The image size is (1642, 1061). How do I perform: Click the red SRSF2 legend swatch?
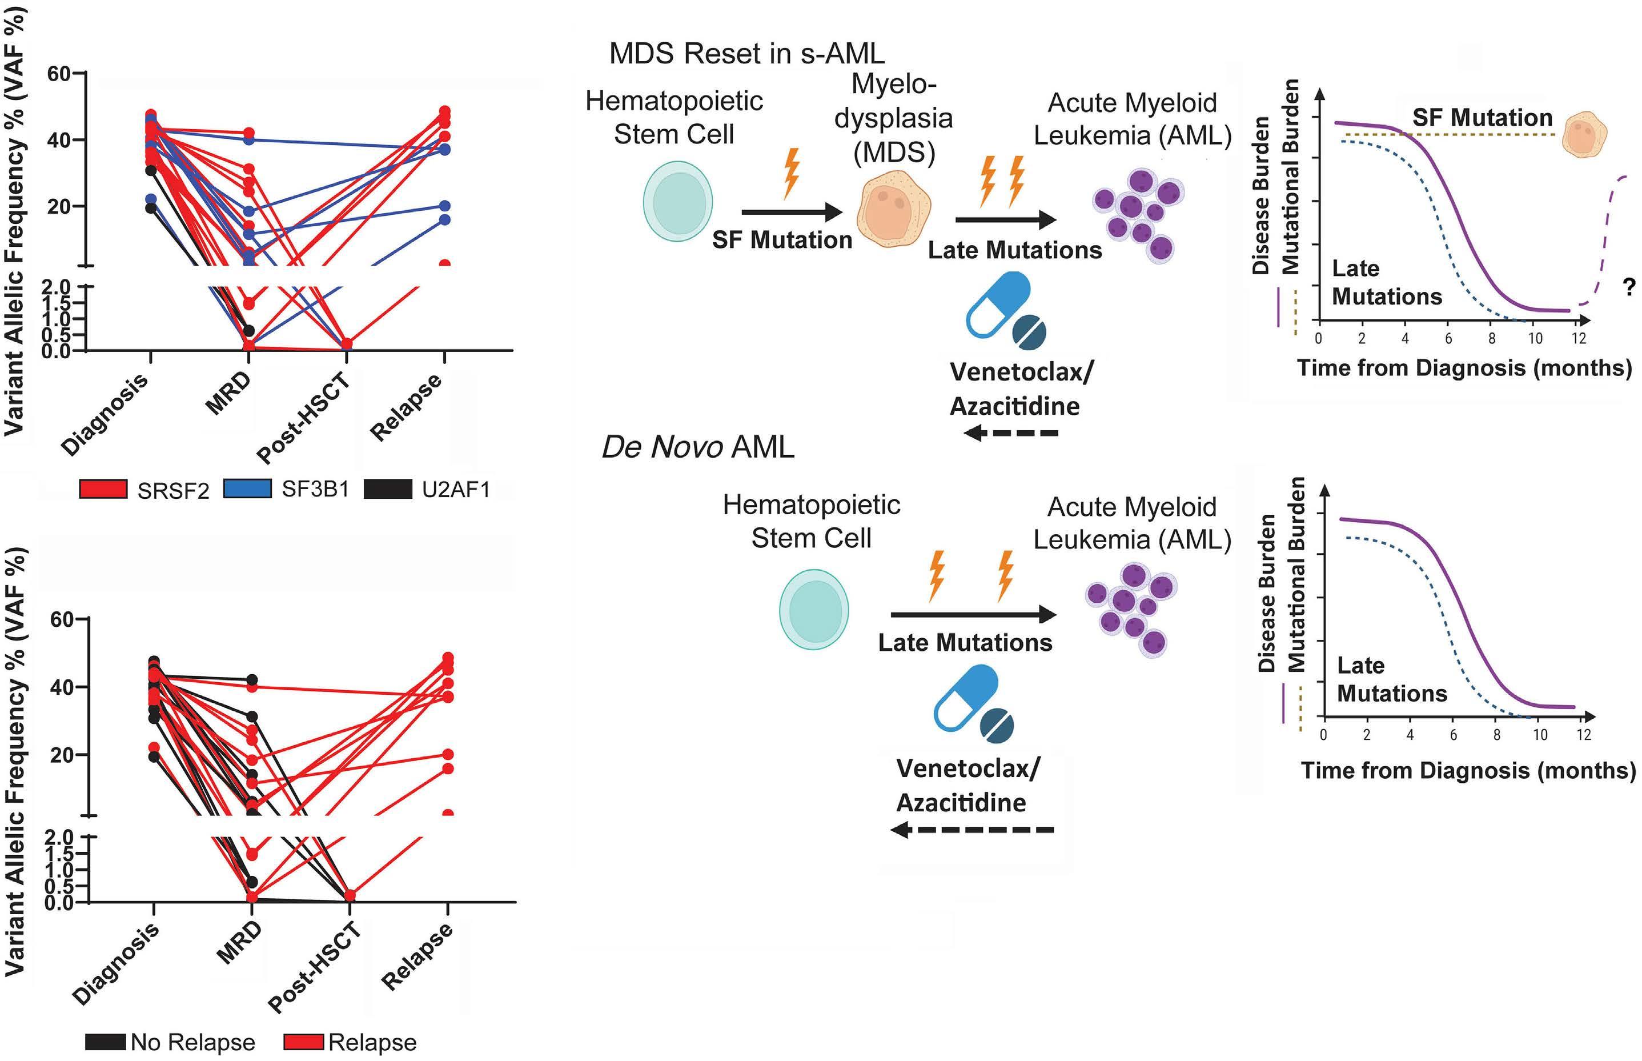(103, 489)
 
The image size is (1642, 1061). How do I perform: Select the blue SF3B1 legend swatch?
(247, 489)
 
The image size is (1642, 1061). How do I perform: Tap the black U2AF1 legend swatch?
(388, 489)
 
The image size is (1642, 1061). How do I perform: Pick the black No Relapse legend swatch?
(106, 1041)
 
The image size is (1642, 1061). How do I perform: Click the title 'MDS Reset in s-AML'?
(746, 54)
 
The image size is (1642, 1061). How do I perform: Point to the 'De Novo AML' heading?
(698, 446)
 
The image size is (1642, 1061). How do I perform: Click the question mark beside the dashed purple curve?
(1628, 287)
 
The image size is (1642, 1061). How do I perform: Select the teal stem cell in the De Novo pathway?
(813, 610)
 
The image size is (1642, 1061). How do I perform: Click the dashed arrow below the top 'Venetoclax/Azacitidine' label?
(1010, 433)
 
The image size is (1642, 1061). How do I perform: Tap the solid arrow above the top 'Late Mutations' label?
(1006, 220)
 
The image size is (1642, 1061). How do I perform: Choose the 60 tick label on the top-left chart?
(59, 73)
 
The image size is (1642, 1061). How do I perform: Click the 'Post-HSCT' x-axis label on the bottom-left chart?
(315, 967)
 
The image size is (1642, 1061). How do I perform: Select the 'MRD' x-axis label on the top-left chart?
(228, 394)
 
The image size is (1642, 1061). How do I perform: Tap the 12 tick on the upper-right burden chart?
(1579, 338)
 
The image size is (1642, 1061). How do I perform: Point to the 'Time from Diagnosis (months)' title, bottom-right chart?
(1468, 770)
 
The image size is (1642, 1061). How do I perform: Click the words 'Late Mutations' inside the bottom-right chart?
(1391, 679)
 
